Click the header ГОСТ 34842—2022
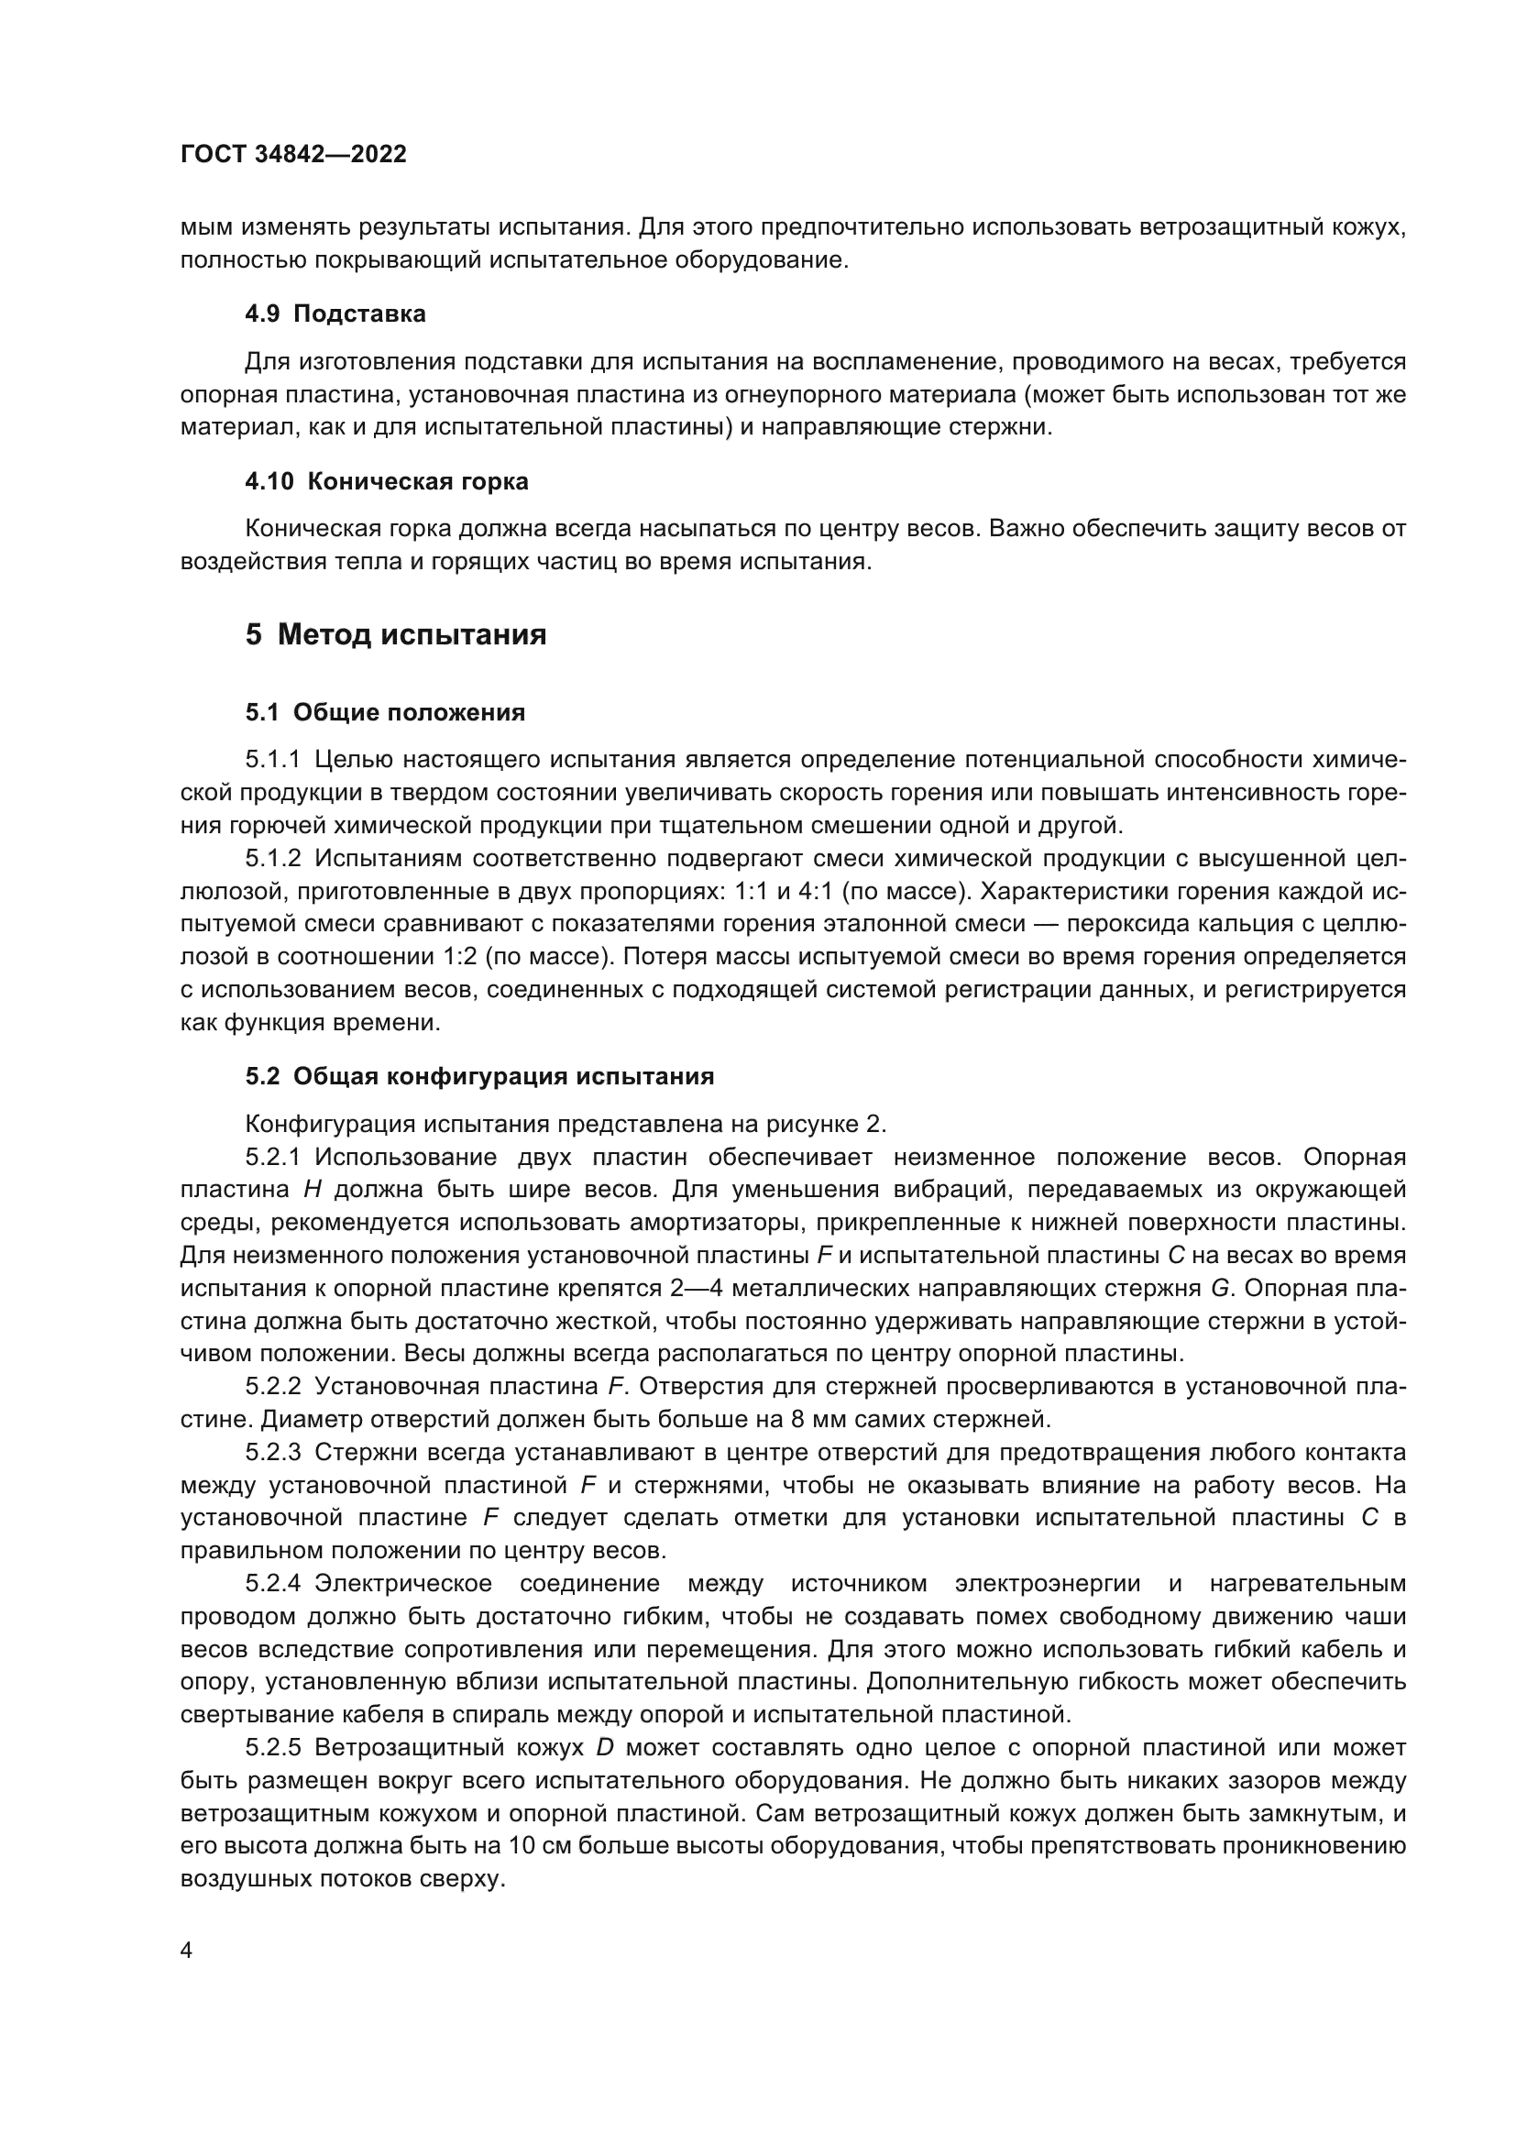click(293, 154)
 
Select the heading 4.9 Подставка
click(335, 313)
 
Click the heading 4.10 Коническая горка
click(387, 482)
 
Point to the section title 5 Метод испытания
click(396, 636)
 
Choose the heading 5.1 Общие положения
click(385, 713)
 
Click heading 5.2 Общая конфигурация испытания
click(479, 1077)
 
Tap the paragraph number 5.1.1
click(272, 760)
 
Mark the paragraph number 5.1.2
click(272, 858)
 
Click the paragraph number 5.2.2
click(272, 1387)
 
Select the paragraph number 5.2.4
click(272, 1584)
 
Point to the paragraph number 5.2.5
click(272, 1747)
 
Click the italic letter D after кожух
click(604, 1747)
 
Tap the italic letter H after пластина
click(312, 1190)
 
